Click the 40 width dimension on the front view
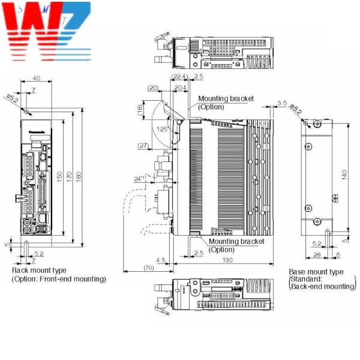37,78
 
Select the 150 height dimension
59,178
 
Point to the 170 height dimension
70,178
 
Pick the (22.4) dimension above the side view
179,77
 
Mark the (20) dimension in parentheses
153,88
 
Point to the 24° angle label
140,178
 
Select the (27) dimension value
143,146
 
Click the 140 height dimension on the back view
343,175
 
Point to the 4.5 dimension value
161,260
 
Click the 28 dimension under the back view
316,255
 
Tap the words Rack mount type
40,271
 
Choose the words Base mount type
316,272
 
